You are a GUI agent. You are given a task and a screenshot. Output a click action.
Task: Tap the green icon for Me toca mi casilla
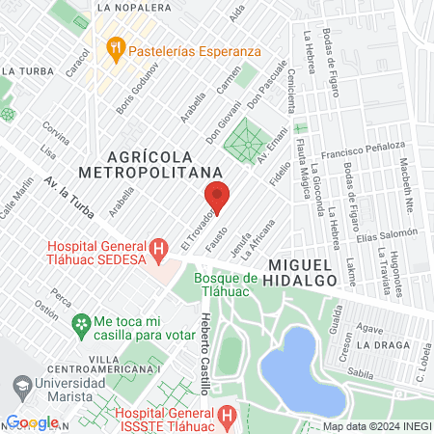(84, 321)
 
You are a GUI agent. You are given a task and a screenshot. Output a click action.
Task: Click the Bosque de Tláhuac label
(226, 285)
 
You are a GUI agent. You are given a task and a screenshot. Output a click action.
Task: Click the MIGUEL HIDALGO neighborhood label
(314, 271)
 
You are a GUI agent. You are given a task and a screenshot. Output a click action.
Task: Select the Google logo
(32, 422)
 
